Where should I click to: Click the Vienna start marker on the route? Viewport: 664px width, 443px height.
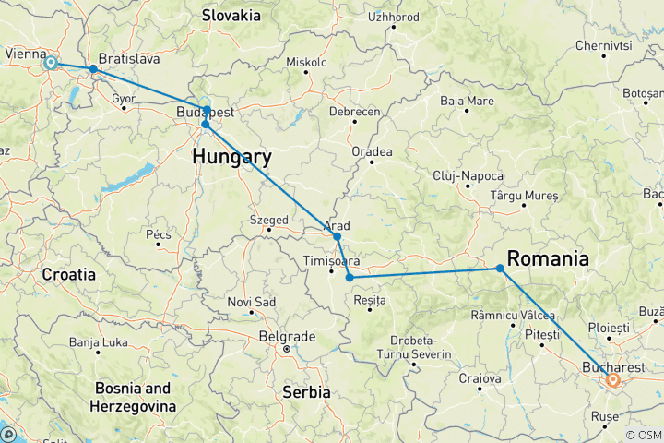pos(51,63)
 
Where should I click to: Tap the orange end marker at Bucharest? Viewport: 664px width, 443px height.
pos(612,378)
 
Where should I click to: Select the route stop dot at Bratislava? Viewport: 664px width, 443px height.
pos(93,69)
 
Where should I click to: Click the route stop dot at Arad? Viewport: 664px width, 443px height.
pos(338,237)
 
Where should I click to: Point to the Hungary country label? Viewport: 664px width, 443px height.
pos(231,157)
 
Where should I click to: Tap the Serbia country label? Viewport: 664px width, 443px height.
pos(305,391)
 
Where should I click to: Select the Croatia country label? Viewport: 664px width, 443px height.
pos(69,274)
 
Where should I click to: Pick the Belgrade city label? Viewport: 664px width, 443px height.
pos(287,336)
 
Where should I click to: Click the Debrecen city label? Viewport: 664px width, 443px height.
pos(355,111)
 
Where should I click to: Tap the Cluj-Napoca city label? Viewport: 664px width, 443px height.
pos(468,175)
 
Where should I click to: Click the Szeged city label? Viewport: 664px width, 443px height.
pos(268,220)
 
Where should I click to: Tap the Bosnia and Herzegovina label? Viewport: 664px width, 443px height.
pos(133,397)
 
